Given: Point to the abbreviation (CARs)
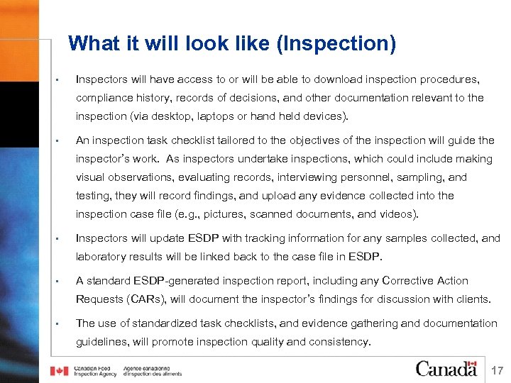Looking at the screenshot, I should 141,299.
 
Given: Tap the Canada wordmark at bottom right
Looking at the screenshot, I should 446,368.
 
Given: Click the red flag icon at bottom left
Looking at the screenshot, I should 59,371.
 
